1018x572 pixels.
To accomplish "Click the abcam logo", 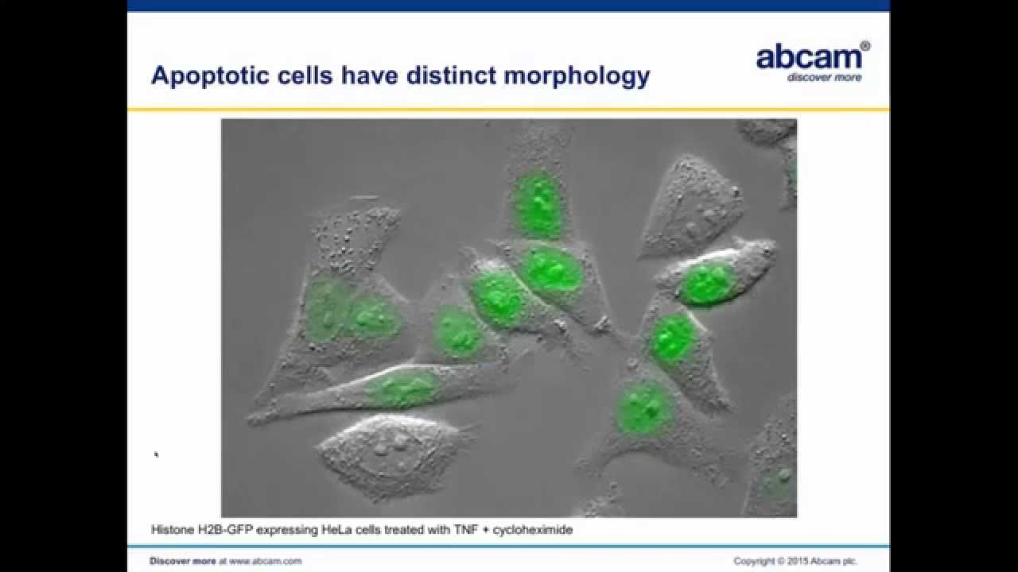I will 807,57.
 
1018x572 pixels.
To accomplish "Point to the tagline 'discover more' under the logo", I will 824,78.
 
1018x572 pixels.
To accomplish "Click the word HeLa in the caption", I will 328,528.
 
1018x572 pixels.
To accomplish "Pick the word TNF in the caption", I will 480,528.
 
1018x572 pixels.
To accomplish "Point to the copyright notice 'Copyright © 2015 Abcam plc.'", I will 795,561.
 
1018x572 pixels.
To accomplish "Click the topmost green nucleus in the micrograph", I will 539,204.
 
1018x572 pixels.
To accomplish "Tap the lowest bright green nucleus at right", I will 645,407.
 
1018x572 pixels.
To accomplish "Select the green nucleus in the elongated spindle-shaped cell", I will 402,388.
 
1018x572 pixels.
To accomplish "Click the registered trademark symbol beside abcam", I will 865,47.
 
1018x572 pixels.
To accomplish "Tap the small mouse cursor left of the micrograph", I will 157,454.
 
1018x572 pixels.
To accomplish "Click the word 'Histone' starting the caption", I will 172,528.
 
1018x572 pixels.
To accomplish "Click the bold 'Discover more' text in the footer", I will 182,561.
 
